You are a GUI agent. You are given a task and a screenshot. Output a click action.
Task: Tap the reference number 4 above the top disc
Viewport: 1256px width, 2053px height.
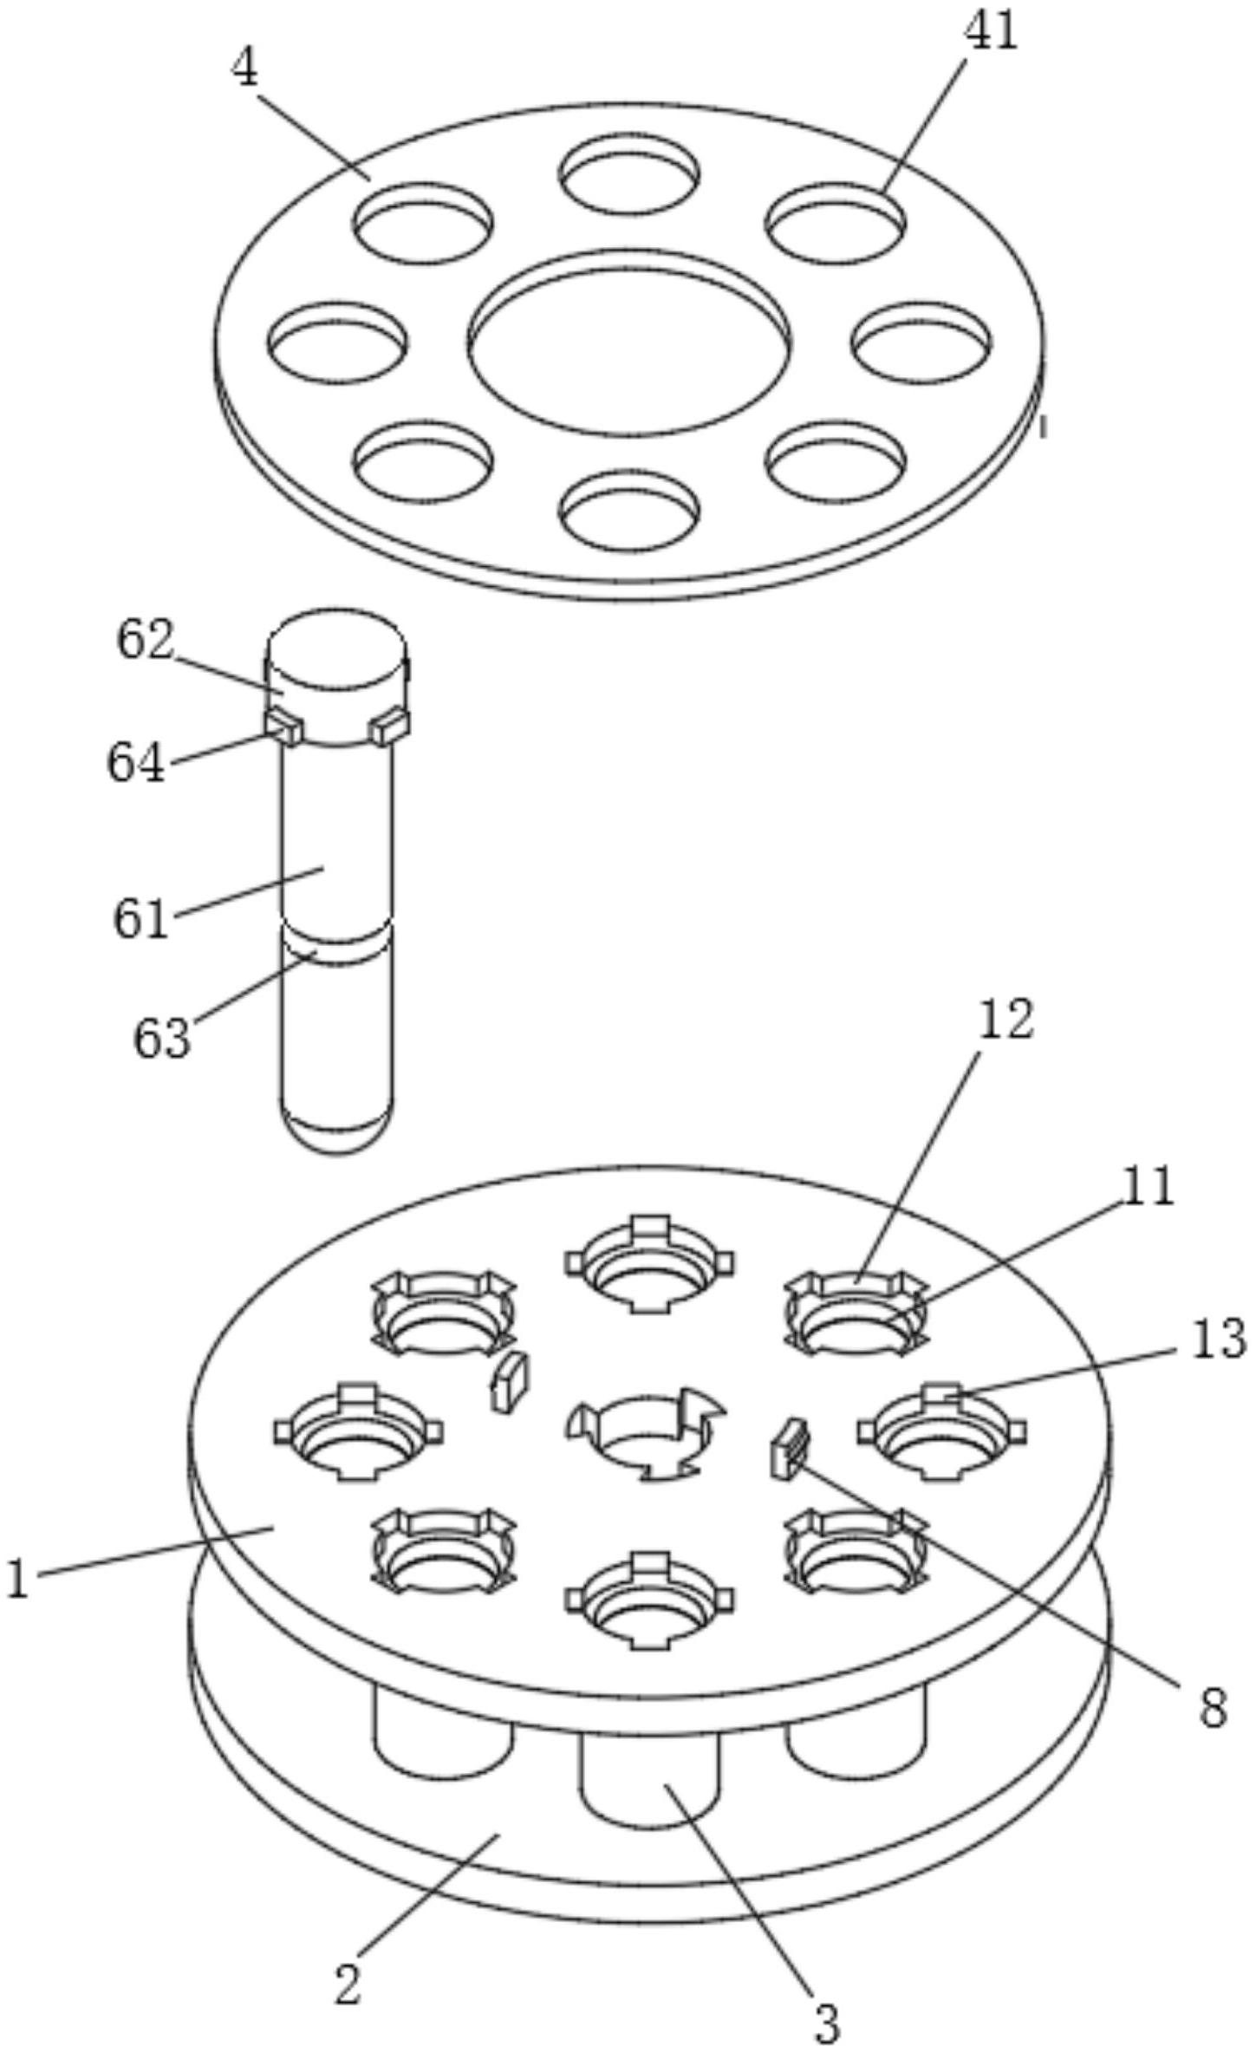(x=245, y=69)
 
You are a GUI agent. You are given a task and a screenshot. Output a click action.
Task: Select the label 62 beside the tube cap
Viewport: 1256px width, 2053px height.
(x=146, y=642)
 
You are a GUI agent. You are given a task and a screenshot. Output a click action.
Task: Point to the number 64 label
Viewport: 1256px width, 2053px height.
(x=136, y=765)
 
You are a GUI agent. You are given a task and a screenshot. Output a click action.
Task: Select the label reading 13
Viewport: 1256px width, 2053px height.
(x=1218, y=1339)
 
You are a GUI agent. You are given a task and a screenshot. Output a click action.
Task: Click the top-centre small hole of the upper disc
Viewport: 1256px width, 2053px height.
(x=629, y=176)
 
